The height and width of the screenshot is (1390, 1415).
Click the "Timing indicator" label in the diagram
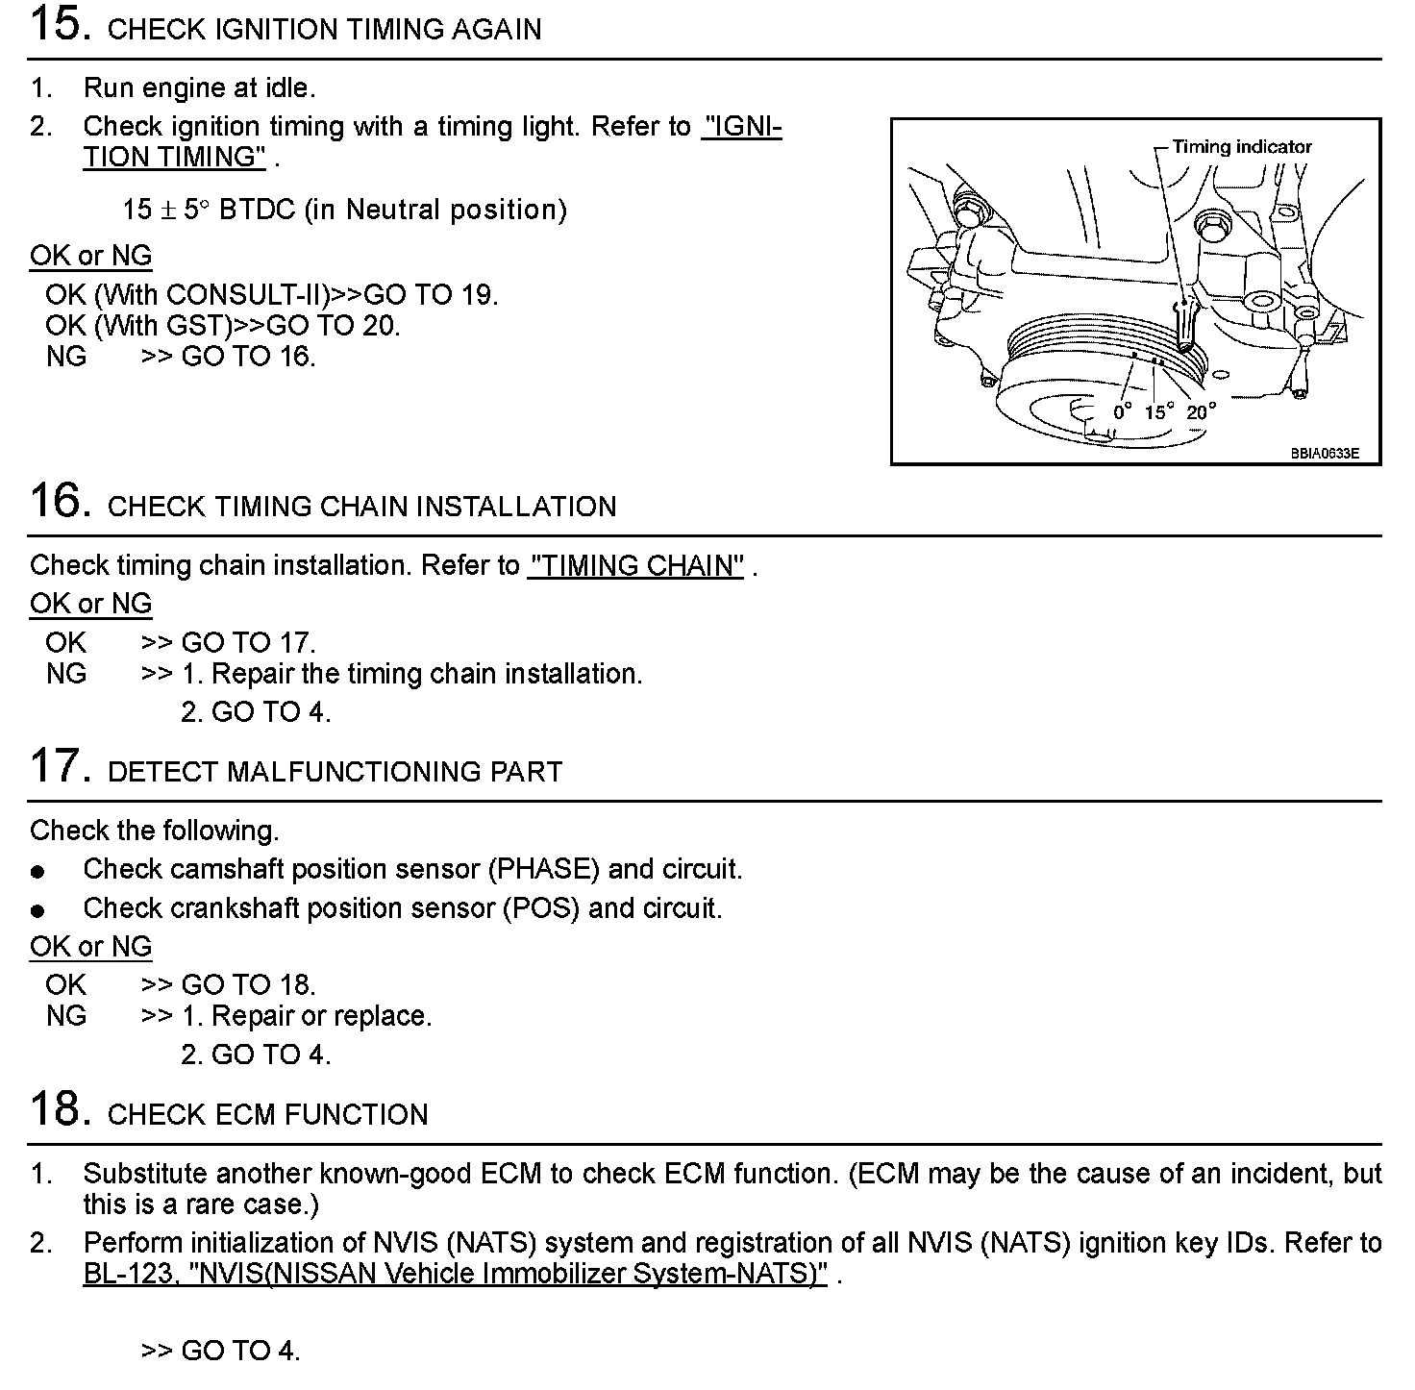pyautogui.click(x=1241, y=147)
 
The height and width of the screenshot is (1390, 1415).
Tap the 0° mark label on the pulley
pyautogui.click(x=1122, y=412)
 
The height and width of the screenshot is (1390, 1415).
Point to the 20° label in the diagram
pyautogui.click(x=1201, y=412)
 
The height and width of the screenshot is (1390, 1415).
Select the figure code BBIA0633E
pyautogui.click(x=1324, y=453)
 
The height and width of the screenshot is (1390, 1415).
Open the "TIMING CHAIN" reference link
pyautogui.click(x=635, y=566)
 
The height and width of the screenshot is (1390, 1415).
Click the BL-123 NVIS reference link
pyautogui.click(x=455, y=1275)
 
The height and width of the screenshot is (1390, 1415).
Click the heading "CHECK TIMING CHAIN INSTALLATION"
pyautogui.click(x=361, y=507)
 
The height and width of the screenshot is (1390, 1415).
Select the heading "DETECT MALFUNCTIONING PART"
pyautogui.click(x=335, y=772)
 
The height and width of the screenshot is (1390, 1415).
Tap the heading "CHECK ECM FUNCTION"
pyautogui.click(x=267, y=1115)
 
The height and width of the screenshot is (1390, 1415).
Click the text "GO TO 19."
pyautogui.click(x=431, y=295)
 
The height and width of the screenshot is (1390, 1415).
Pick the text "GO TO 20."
pyautogui.click(x=333, y=326)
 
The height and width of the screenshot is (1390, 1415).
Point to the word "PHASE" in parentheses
pyautogui.click(x=544, y=870)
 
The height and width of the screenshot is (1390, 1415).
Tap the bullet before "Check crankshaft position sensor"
pyautogui.click(x=37, y=910)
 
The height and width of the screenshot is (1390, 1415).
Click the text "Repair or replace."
pyautogui.click(x=321, y=1016)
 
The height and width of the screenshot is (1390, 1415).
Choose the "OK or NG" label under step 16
pyautogui.click(x=90, y=604)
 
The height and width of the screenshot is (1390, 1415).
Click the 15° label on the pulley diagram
pyautogui.click(x=1158, y=412)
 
